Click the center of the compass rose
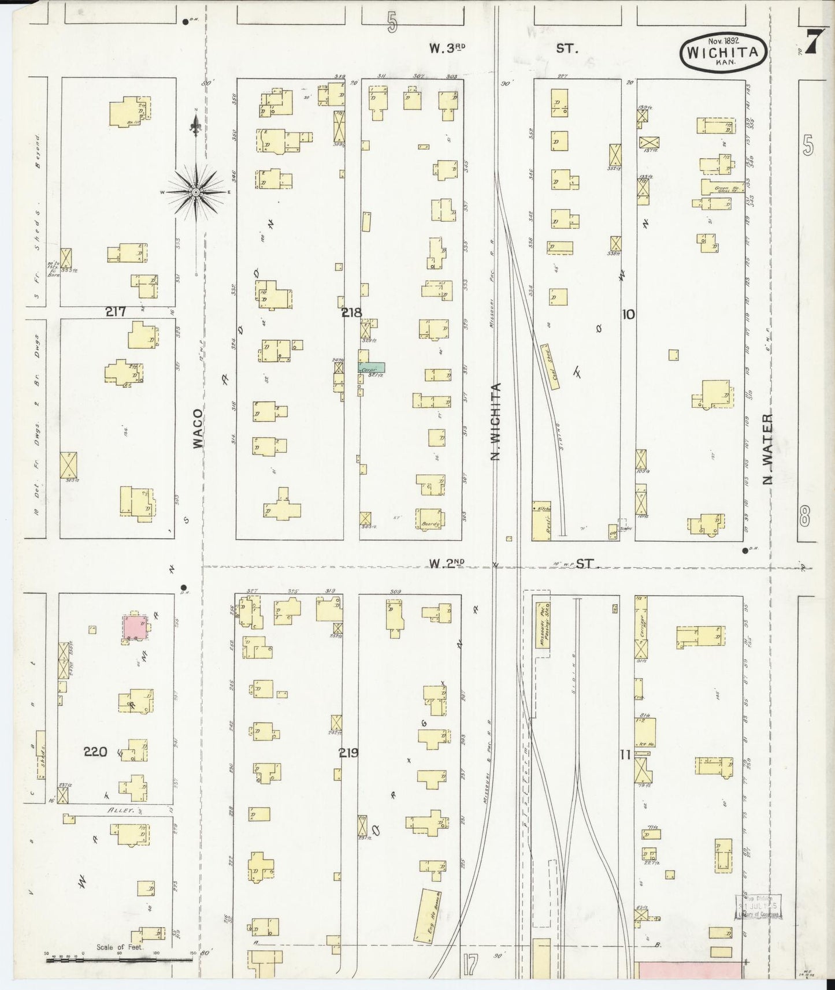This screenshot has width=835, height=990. pyautogui.click(x=196, y=192)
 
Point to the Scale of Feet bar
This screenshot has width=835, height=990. pyautogui.click(x=119, y=960)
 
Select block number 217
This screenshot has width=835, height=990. pyautogui.click(x=116, y=312)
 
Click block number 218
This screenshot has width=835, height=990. pyautogui.click(x=351, y=312)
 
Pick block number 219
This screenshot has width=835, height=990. pyautogui.click(x=349, y=753)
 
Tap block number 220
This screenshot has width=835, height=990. pyautogui.click(x=95, y=751)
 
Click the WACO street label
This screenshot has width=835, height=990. pyautogui.click(x=198, y=428)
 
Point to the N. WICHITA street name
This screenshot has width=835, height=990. pyautogui.click(x=495, y=422)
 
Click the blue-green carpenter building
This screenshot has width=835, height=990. pyautogui.click(x=372, y=367)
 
